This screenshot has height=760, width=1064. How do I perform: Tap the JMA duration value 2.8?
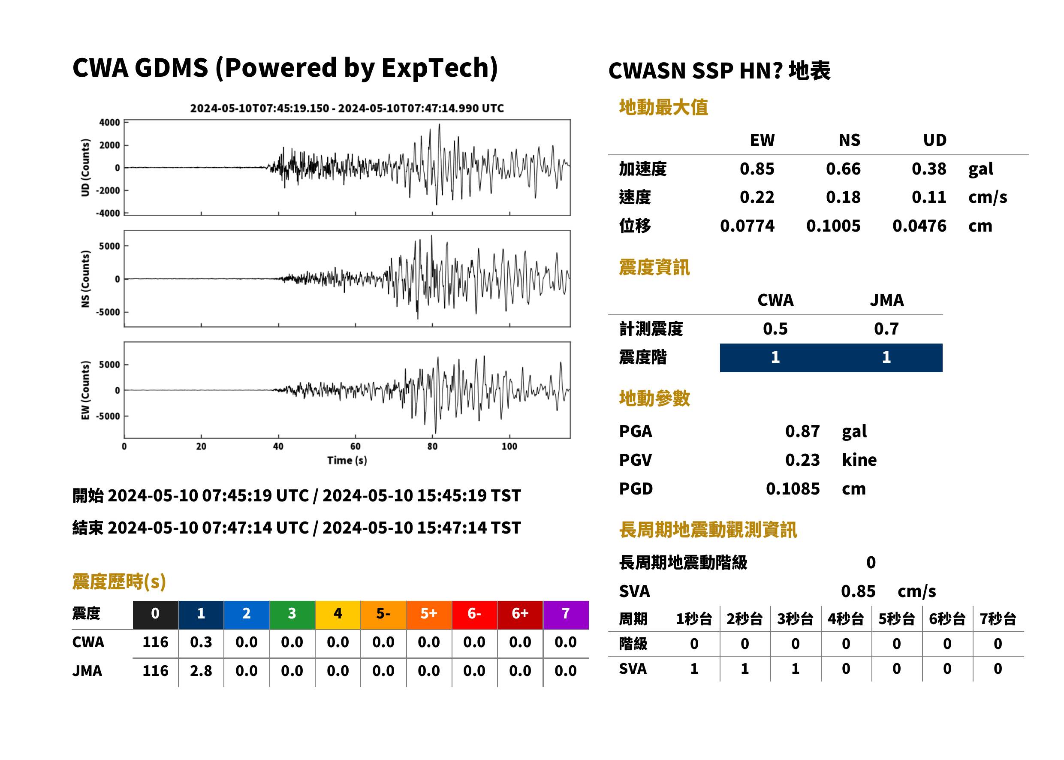click(201, 671)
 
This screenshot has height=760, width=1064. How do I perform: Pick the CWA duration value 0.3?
click(201, 642)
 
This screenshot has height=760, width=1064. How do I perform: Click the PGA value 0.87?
click(802, 431)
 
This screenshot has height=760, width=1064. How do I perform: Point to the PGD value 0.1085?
click(793, 489)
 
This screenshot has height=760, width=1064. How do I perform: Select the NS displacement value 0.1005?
click(833, 226)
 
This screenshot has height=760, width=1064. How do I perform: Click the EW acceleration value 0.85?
click(757, 169)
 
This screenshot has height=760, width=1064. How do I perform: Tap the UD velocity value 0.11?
click(929, 197)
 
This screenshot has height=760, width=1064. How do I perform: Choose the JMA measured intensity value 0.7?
click(886, 329)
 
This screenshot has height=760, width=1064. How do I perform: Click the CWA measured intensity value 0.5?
click(775, 329)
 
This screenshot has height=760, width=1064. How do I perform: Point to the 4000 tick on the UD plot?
click(109, 123)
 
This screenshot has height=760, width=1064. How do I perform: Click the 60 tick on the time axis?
click(355, 446)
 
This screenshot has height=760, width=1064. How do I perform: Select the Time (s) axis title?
click(347, 461)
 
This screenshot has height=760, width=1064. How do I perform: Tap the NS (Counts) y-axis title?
click(85, 279)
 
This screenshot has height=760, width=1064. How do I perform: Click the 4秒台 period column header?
click(845, 618)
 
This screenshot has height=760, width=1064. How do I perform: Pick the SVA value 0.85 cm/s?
click(888, 591)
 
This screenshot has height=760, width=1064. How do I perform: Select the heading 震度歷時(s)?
click(119, 582)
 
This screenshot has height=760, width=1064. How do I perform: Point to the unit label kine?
click(859, 459)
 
